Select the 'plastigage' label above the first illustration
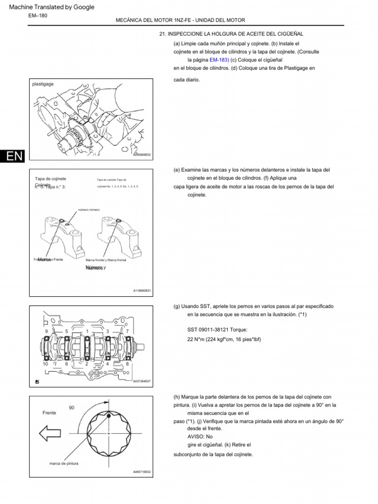click(x=43, y=84)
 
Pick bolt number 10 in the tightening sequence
click(x=46, y=364)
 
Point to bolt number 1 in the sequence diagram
click(x=87, y=332)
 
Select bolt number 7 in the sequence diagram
click(x=127, y=332)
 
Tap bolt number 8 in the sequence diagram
click(x=127, y=364)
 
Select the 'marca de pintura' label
click(x=63, y=464)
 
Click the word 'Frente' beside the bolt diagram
click(x=49, y=412)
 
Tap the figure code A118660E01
click(x=142, y=290)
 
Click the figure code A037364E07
click(x=142, y=380)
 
